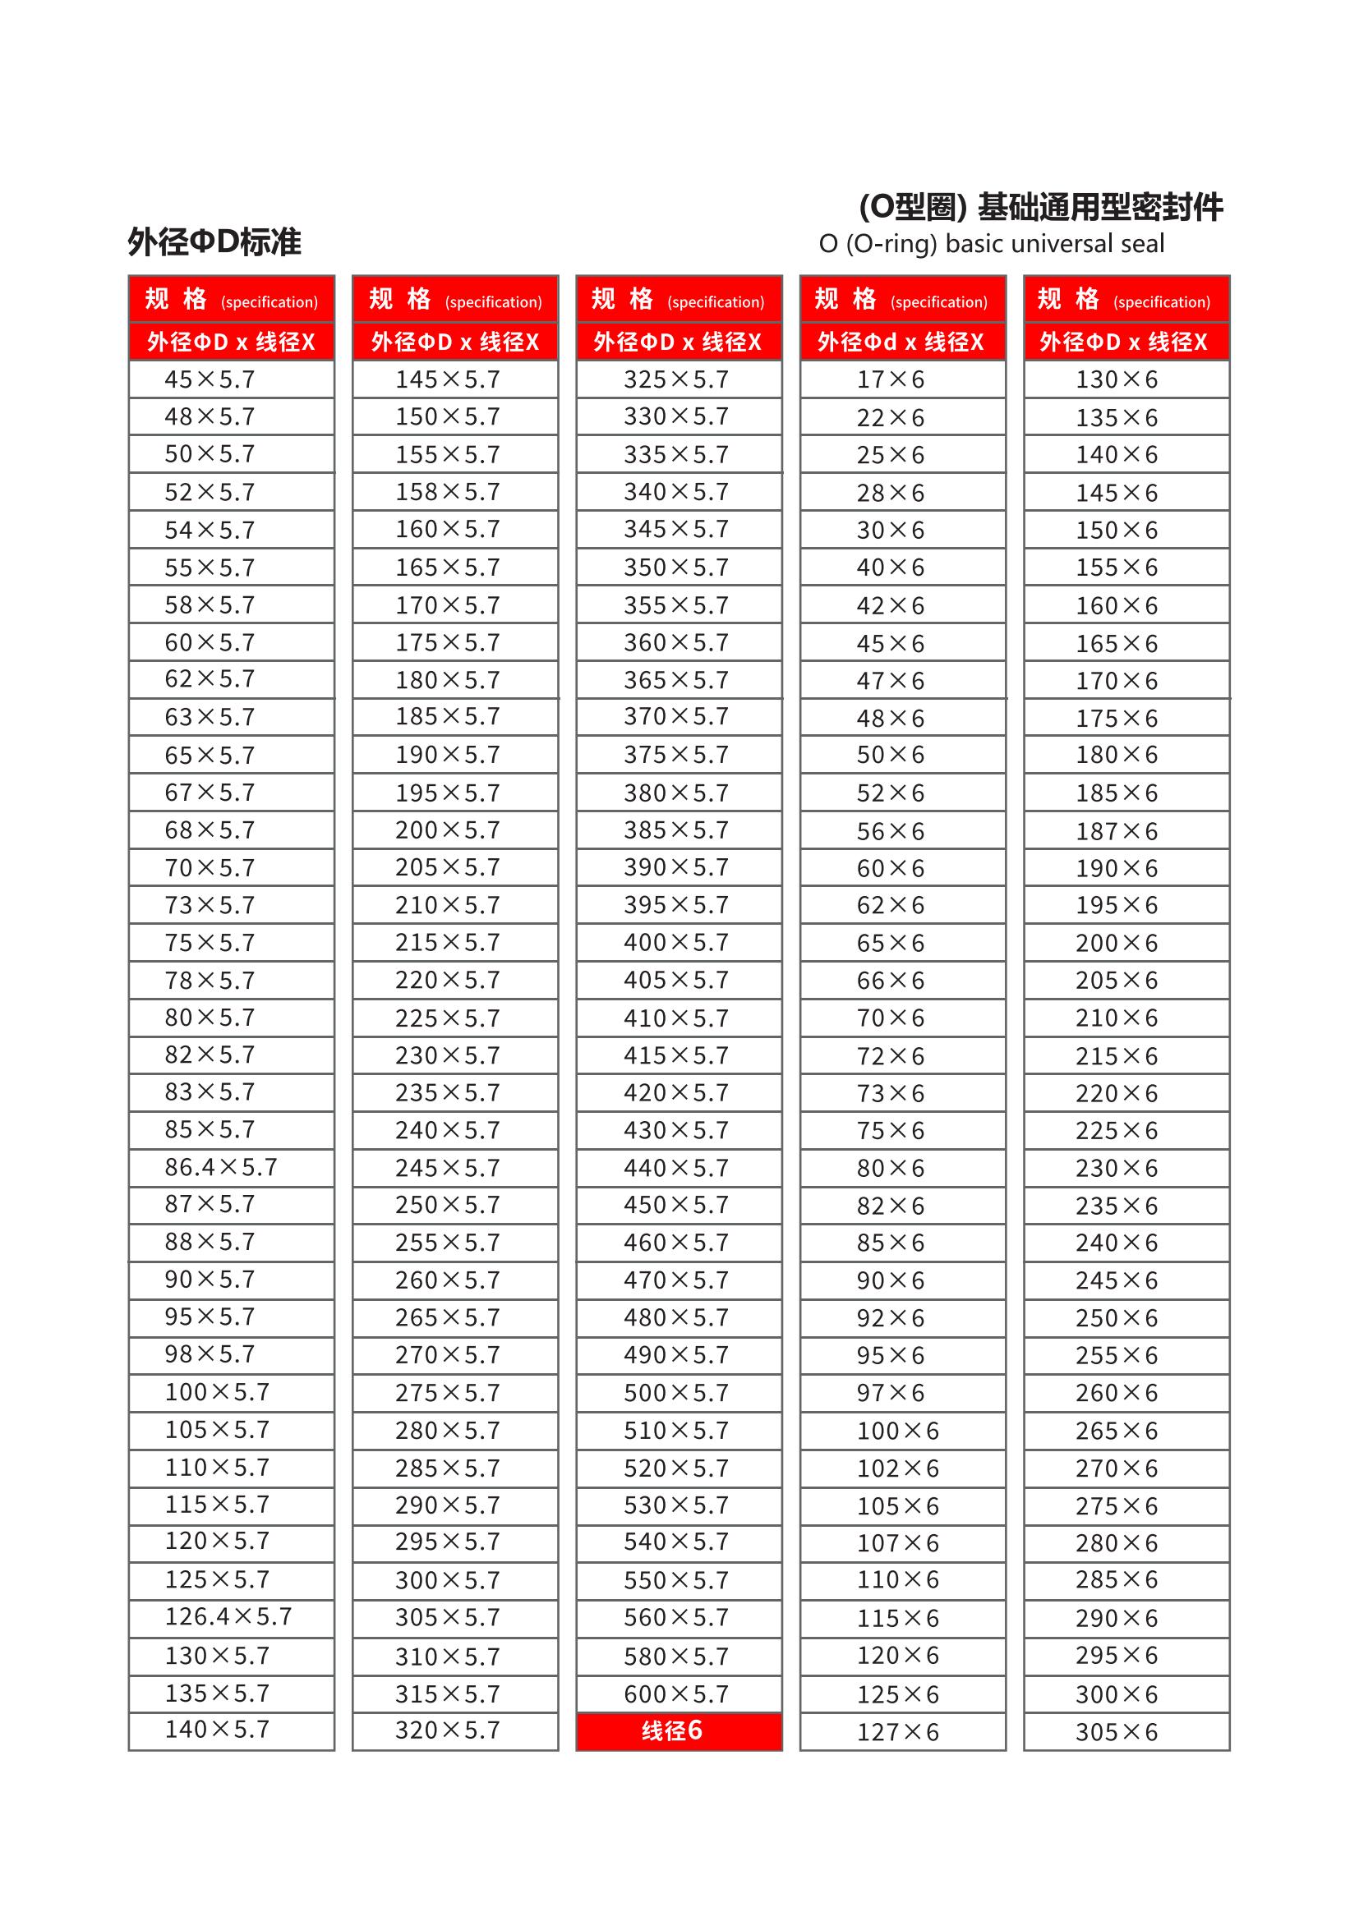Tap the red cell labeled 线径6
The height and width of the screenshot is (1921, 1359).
tap(679, 1731)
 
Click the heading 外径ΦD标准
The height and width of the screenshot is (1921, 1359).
tap(215, 242)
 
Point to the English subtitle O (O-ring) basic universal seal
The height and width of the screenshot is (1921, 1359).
tap(992, 244)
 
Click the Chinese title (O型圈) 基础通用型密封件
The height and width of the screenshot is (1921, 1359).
tap(1041, 207)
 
